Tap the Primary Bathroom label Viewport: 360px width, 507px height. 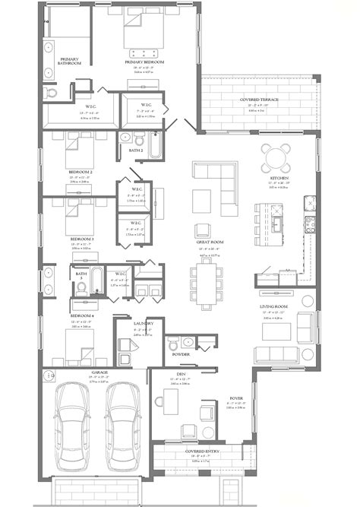pos(70,62)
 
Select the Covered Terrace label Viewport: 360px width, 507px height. pos(258,100)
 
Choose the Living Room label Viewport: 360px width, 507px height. pos(277,307)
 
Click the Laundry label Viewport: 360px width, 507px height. pos(144,323)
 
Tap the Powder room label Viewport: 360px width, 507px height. pos(181,354)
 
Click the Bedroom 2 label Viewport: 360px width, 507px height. pos(81,173)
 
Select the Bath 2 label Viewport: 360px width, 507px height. pos(137,151)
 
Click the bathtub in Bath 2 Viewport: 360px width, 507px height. pos(154,144)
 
